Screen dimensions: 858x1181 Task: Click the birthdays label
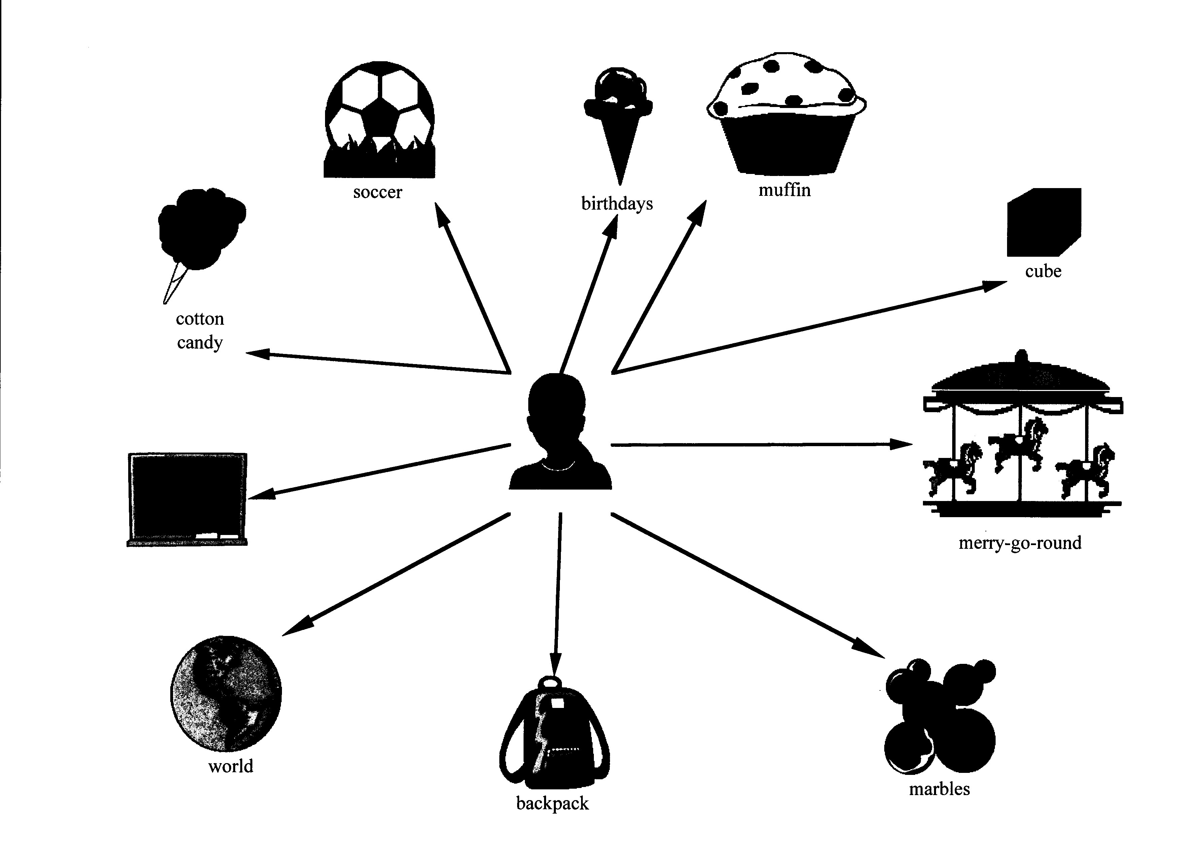(x=617, y=204)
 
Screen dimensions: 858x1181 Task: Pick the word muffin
(x=784, y=190)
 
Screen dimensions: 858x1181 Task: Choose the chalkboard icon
(x=187, y=499)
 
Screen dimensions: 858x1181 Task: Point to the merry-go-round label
(x=1019, y=543)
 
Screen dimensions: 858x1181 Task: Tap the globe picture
(x=226, y=692)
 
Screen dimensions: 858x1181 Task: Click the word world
(x=231, y=766)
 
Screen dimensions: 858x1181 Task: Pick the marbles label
(x=939, y=789)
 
